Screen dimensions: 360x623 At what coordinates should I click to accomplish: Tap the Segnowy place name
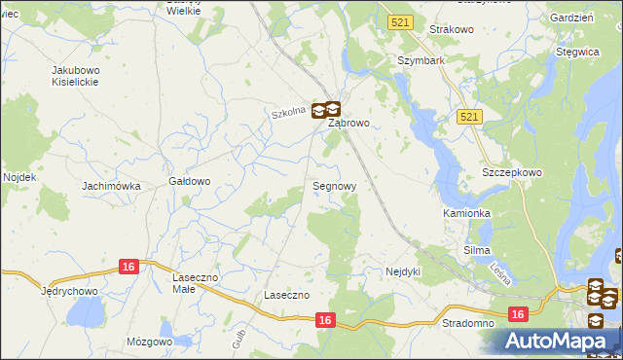[x=334, y=185]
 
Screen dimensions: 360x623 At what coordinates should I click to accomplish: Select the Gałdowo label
[x=190, y=181]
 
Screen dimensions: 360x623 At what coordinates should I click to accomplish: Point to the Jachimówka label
[x=112, y=186]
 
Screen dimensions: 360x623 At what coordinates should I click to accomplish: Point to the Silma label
[x=477, y=251]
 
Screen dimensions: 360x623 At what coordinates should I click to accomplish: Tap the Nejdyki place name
[x=402, y=271]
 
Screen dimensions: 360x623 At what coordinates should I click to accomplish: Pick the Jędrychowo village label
[x=71, y=291]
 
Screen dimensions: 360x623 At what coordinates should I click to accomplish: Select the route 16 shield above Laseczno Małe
[x=128, y=266]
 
